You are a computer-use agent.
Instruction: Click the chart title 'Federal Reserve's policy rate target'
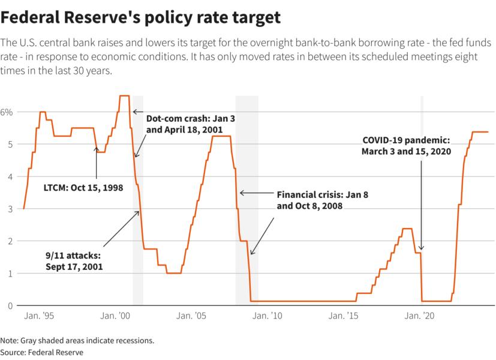[140, 17]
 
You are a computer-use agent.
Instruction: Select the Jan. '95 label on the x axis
[39, 316]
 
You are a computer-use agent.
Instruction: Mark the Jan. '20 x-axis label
[420, 316]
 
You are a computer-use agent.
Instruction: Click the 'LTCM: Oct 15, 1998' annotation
[83, 188]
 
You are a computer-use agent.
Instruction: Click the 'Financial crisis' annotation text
[317, 200]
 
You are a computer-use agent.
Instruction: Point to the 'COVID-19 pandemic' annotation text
[405, 146]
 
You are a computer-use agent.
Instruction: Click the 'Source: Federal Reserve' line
[41, 352]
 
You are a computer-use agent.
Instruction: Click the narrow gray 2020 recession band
[422, 198]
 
